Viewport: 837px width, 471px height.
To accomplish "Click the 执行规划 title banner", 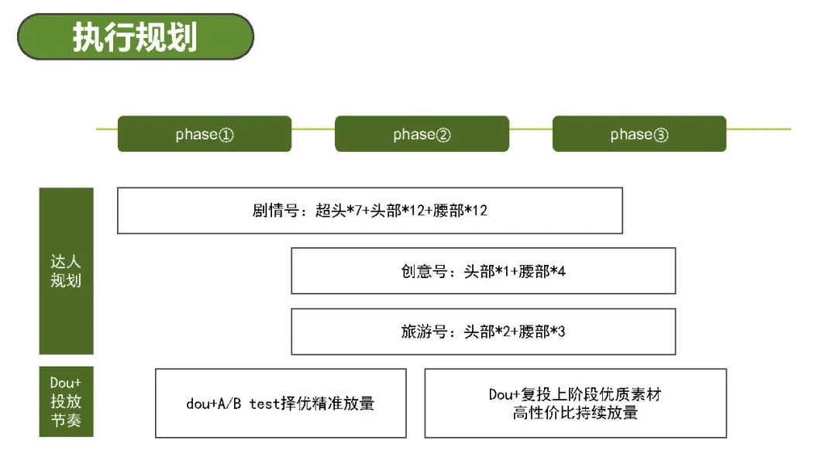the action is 136,37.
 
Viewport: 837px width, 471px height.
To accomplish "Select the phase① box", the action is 205,134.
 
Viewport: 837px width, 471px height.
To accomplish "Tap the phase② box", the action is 422,134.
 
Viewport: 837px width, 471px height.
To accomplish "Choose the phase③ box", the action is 639,134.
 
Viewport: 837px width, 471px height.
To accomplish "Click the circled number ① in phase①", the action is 226,135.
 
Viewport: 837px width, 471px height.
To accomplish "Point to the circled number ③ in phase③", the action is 661,135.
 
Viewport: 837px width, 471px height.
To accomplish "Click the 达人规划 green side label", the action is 66,271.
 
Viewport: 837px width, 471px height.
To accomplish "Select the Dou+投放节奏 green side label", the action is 66,401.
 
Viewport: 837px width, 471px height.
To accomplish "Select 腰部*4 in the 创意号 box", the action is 542,271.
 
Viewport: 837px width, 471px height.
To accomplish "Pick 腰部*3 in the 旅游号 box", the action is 542,332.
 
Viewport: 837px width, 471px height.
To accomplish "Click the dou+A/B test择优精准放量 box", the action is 281,404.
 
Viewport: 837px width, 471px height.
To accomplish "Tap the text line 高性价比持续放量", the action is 575,412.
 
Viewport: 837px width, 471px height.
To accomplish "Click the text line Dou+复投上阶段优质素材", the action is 575,394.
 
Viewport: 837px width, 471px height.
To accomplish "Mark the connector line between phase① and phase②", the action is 313,129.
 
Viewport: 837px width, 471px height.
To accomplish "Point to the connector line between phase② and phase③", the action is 531,129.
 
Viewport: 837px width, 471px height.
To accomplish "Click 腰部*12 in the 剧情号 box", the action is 460,211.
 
